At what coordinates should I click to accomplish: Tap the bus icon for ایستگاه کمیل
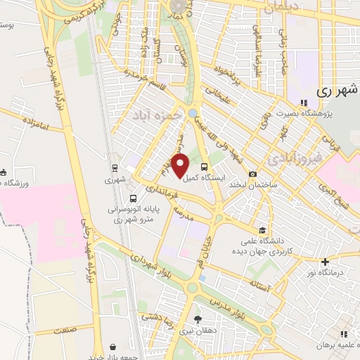pyautogui.click(x=205, y=167)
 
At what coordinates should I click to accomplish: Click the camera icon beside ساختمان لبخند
pyautogui.click(x=252, y=174)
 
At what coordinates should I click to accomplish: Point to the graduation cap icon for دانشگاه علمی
pyautogui.click(x=262, y=230)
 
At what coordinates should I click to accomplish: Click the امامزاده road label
pyautogui.click(x=32, y=127)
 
